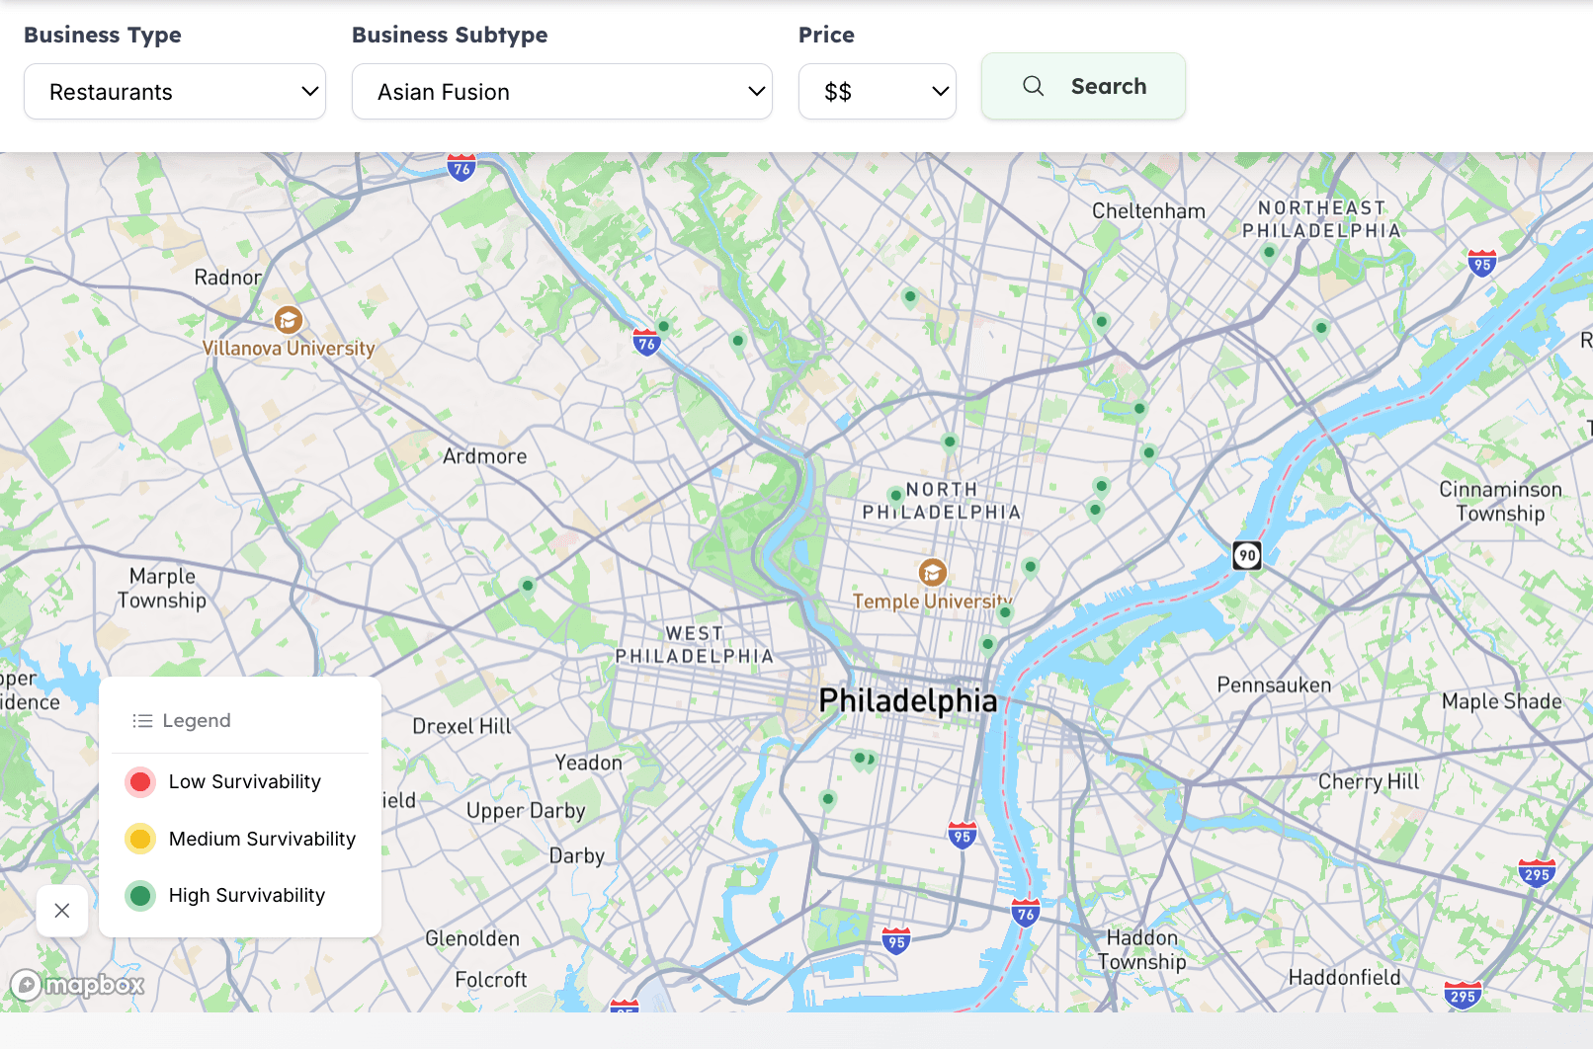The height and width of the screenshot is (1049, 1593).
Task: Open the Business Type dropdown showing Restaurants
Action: (x=175, y=92)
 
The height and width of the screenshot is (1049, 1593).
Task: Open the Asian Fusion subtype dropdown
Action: (x=561, y=92)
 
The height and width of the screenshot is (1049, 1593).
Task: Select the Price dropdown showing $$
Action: (x=877, y=92)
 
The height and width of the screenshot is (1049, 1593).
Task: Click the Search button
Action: (x=1083, y=86)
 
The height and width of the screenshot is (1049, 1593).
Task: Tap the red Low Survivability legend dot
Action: (x=140, y=782)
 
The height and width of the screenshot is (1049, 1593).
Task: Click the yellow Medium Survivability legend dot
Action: (x=140, y=839)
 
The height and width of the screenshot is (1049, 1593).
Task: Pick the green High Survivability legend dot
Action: (x=140, y=896)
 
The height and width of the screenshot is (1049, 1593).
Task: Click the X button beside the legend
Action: (x=62, y=911)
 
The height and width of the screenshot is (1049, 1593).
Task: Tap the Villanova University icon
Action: (x=288, y=320)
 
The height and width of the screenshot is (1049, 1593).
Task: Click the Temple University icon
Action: (x=932, y=572)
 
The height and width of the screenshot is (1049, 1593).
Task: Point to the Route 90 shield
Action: (x=1247, y=555)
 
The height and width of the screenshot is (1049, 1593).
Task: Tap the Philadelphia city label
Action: (x=907, y=700)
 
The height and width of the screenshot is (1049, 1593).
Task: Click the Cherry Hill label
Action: (x=1368, y=781)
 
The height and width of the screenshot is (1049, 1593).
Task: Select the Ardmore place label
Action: (x=484, y=456)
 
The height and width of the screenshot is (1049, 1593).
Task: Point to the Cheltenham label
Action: (x=1148, y=211)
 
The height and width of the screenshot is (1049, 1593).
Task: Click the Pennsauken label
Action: (x=1274, y=685)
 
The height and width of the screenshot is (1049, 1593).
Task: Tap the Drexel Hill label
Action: (x=461, y=726)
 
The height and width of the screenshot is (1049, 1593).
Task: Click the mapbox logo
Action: (x=78, y=985)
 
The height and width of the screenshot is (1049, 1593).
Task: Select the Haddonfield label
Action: (x=1344, y=977)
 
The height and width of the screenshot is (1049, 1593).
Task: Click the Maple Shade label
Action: (x=1501, y=701)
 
